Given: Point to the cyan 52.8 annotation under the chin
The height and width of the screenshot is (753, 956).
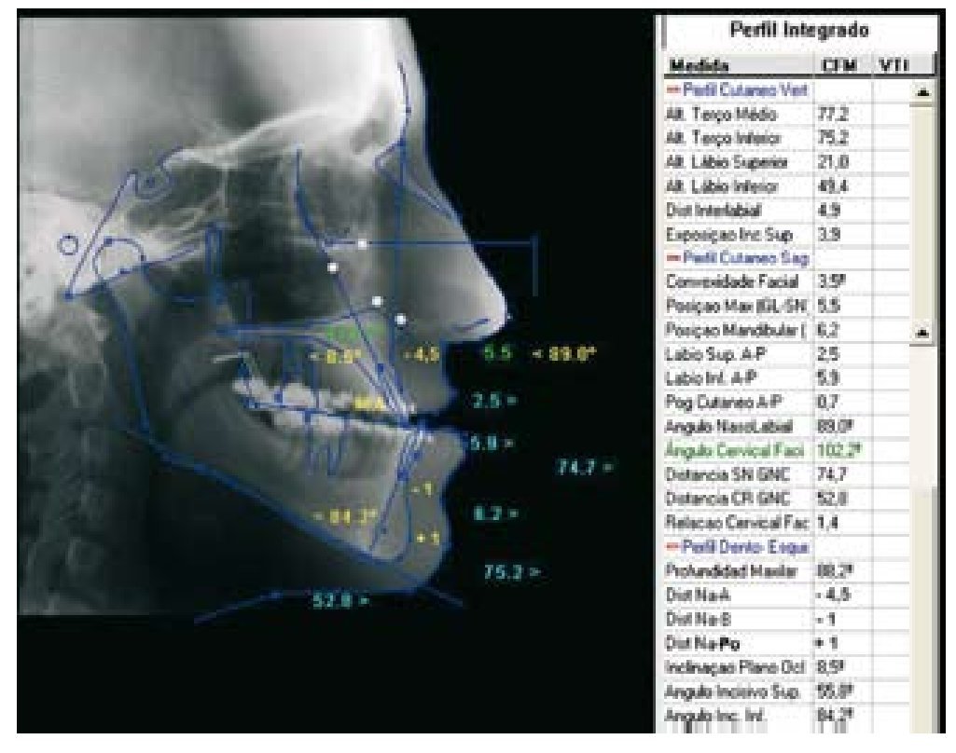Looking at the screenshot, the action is pos(340,601).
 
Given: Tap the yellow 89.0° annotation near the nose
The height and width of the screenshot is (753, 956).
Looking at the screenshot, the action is pos(564,355).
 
